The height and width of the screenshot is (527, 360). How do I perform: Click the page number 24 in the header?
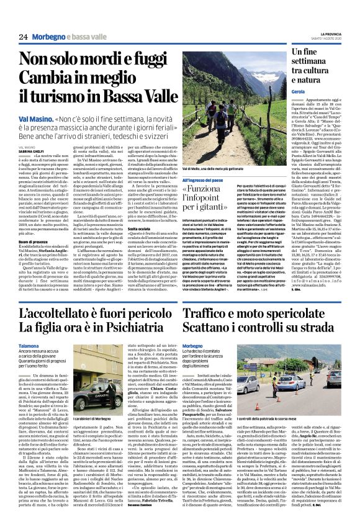pos(24,37)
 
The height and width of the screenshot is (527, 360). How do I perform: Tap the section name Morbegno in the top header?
pos(50,37)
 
